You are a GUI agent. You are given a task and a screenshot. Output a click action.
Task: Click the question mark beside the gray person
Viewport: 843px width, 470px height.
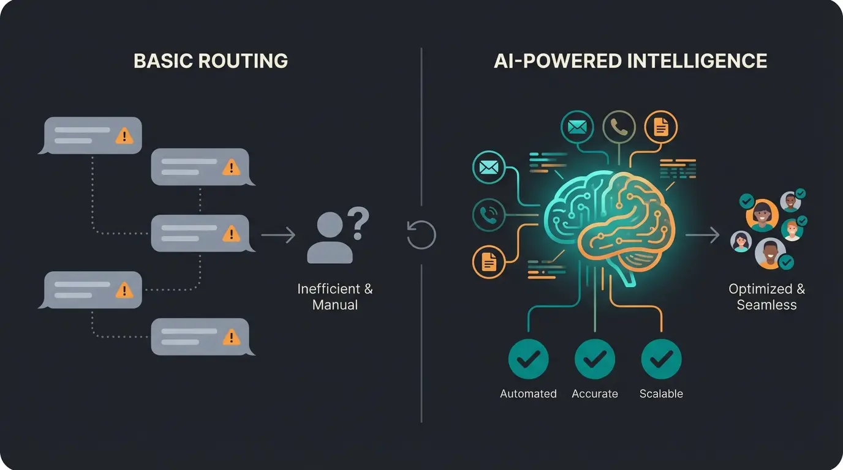358,223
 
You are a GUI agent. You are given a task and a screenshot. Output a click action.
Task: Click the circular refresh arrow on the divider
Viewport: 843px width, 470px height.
421,235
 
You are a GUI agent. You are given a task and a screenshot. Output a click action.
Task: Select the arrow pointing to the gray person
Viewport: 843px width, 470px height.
278,235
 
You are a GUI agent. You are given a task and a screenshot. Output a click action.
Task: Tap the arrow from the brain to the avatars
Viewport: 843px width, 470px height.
702,234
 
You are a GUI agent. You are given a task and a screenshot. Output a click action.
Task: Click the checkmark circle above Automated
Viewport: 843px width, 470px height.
528,359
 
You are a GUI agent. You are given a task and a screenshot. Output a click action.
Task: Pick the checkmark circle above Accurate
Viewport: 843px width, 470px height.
594,359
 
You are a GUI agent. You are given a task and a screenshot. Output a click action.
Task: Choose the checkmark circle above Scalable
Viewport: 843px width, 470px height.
661,359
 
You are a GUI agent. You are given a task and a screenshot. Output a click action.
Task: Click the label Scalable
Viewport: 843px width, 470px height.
661,394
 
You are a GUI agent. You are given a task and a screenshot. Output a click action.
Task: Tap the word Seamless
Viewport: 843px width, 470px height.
766,305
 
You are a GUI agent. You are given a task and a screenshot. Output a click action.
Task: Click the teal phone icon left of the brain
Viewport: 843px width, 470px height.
489,215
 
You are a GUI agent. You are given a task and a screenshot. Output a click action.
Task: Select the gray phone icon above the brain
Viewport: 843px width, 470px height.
619,127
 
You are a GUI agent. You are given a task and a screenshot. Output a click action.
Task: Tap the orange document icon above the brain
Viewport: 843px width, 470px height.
660,127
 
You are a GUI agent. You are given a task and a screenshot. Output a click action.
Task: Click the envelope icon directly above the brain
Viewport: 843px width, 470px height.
577,127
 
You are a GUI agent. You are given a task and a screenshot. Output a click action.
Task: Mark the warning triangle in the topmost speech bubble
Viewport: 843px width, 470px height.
124,135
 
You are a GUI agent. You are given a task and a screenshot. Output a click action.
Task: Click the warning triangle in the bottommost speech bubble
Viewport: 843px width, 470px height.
231,336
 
